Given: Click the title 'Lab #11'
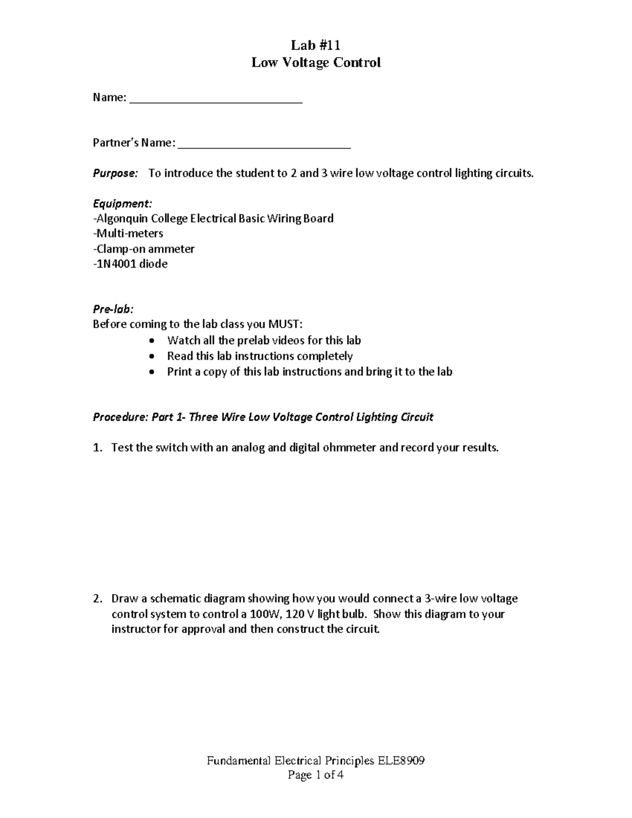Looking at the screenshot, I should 315,45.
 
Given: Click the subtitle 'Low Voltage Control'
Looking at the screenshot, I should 315,63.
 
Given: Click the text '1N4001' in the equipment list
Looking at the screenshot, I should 116,264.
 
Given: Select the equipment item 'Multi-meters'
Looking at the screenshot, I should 129,233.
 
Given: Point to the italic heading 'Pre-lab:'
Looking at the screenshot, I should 113,309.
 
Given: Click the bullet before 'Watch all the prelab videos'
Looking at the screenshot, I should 152,341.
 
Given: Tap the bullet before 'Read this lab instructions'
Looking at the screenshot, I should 152,357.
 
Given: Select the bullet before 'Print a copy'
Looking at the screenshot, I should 152,372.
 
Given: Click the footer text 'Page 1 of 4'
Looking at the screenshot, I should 315,775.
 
